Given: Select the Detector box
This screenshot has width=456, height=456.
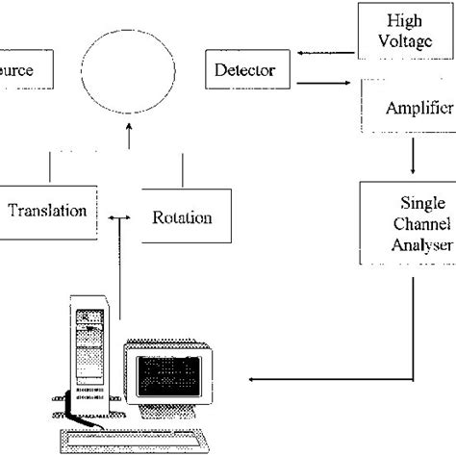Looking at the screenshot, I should [x=246, y=70].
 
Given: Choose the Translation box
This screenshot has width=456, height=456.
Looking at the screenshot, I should [x=48, y=211].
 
